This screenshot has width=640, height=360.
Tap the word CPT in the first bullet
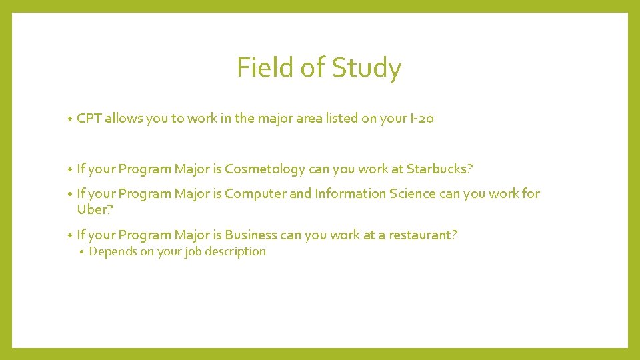pyautogui.click(x=89, y=119)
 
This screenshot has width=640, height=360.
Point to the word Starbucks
pyautogui.click(x=437, y=169)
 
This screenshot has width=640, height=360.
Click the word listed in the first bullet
pyautogui.click(x=341, y=119)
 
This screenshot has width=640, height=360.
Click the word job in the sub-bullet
pyautogui.click(x=191, y=251)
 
